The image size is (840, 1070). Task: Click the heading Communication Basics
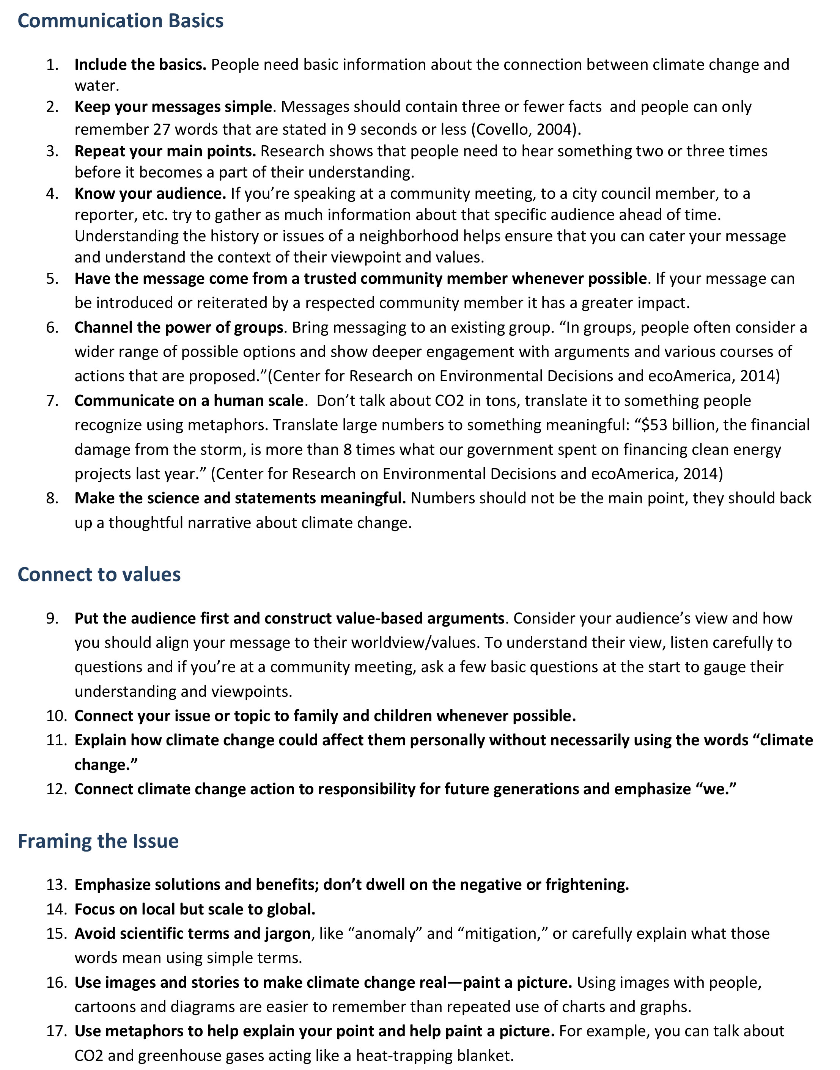(121, 21)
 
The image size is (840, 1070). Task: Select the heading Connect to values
(99, 574)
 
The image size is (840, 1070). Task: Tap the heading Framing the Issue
(98, 841)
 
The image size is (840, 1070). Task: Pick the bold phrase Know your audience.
(150, 194)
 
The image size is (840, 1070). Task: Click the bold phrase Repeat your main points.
(165, 151)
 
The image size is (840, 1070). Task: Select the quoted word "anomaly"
(385, 933)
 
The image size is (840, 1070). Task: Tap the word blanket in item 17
(485, 1056)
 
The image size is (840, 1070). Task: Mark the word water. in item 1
(97, 86)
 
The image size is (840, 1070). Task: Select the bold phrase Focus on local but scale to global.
(195, 909)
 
